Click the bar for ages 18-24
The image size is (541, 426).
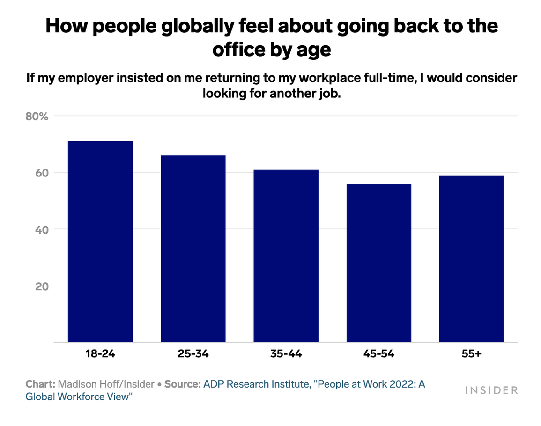tap(100, 242)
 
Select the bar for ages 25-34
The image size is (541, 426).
tap(193, 249)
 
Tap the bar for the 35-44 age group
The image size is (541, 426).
tap(286, 256)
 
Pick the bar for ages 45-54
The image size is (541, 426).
tap(378, 263)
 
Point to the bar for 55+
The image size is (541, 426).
tap(471, 259)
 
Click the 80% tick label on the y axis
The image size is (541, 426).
tap(37, 116)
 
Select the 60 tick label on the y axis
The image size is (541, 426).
tap(42, 173)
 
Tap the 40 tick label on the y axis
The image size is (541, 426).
tap(42, 229)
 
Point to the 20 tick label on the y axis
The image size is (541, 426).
tap(42, 286)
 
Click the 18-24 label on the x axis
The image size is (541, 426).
tap(100, 354)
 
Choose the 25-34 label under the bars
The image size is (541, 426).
tap(193, 354)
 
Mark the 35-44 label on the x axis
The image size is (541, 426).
tap(286, 354)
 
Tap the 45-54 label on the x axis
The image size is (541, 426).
tap(378, 354)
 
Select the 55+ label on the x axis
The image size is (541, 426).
tap(471, 354)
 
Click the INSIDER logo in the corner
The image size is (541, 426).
tap(491, 390)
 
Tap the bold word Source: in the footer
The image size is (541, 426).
tap(183, 384)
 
